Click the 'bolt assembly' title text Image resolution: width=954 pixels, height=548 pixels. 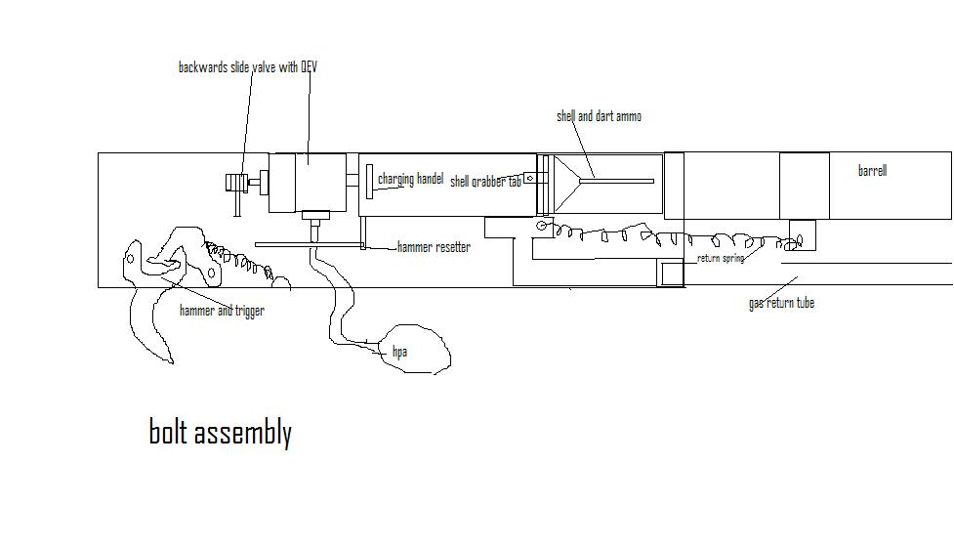(x=220, y=432)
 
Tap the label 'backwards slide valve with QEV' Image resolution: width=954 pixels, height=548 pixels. (x=247, y=67)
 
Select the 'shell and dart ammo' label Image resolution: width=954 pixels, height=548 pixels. (x=599, y=116)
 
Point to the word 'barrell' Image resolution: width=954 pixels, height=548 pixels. (x=872, y=171)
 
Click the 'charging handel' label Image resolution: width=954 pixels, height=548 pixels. (x=410, y=180)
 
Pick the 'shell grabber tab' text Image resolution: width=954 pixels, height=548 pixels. (x=484, y=182)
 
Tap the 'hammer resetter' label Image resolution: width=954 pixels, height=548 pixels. (x=434, y=247)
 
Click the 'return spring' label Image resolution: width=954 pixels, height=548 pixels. (x=721, y=259)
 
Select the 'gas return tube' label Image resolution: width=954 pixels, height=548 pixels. (x=781, y=303)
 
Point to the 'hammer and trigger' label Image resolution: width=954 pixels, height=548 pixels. (x=222, y=311)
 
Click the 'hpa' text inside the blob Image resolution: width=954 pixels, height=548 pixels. (x=399, y=352)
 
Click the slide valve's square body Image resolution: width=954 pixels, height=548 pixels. (x=308, y=183)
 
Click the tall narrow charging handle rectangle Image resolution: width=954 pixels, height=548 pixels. (x=370, y=182)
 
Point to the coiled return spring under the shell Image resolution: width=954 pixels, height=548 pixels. (x=644, y=233)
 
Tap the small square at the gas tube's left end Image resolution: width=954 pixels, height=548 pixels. (x=671, y=274)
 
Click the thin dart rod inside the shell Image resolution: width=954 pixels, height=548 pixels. (x=621, y=181)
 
